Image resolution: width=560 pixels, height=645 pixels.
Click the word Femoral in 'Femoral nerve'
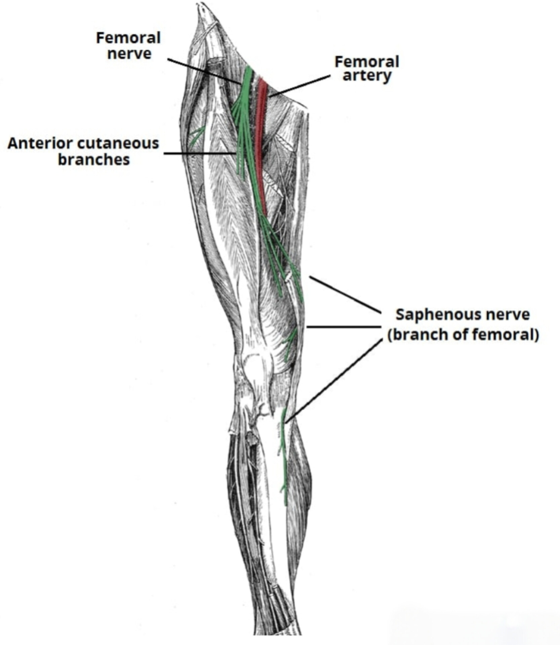pos(128,38)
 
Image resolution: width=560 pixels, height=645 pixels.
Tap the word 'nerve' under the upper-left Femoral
pos(129,54)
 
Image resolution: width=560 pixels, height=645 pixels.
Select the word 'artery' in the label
pos(367,76)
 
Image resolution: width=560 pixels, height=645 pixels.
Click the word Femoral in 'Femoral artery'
pos(367,62)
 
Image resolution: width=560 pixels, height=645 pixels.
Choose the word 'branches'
pos(94,159)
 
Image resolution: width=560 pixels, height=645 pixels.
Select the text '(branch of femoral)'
pos(463,335)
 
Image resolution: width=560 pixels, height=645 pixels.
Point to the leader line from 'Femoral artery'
pos(299,86)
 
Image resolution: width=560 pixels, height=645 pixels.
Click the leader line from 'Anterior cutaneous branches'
pos(198,154)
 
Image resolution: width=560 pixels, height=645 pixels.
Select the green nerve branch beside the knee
pos(290,343)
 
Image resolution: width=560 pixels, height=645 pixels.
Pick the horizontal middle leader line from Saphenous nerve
pos(343,327)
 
